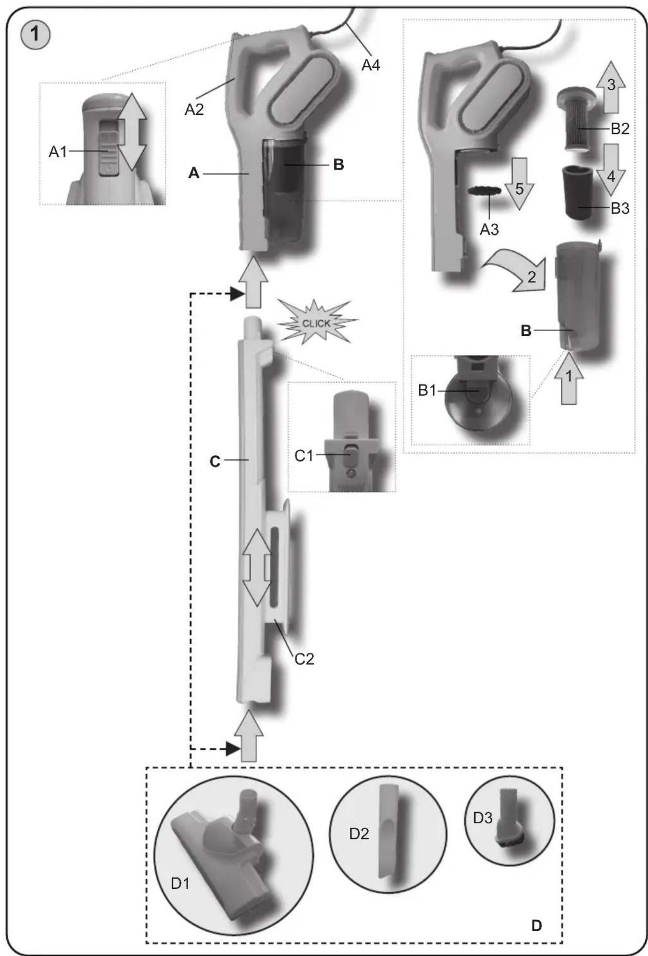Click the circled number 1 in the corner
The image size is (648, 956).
tap(35, 35)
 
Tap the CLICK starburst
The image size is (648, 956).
tap(316, 322)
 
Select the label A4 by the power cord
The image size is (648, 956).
tap(371, 65)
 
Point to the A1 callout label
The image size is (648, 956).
tap(58, 152)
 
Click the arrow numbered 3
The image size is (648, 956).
tap(611, 87)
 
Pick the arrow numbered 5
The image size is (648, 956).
tap(519, 184)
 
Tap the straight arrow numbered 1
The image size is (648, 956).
tap(569, 378)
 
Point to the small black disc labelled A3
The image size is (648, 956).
tap(484, 190)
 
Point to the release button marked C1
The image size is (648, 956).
tap(351, 455)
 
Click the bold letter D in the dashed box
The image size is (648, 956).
tap(536, 925)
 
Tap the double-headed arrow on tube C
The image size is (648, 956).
tap(257, 567)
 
